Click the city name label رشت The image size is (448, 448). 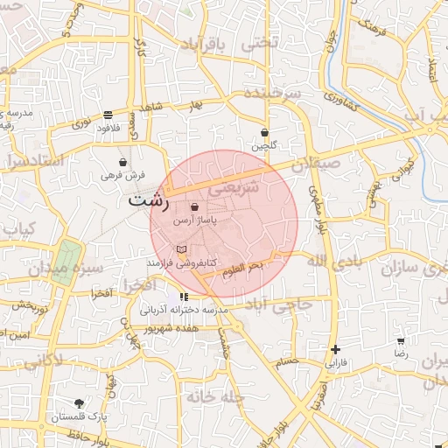(x=148, y=199)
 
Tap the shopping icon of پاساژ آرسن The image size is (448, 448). (x=193, y=207)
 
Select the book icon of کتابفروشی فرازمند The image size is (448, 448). (x=181, y=249)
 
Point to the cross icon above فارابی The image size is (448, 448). (x=336, y=348)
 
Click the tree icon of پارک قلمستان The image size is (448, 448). (x=80, y=403)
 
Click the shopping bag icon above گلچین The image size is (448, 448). (x=263, y=133)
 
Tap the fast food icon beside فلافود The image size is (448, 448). (x=108, y=115)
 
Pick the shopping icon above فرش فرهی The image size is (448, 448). (x=122, y=163)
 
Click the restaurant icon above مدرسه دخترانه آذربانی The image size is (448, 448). (x=184, y=297)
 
